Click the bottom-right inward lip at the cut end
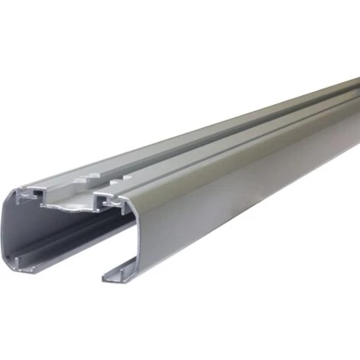pyautogui.click(x=115, y=273)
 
